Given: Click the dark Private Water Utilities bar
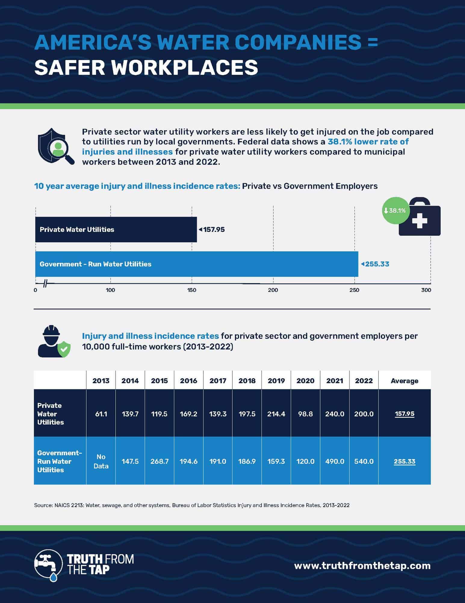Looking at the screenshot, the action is click(x=116, y=229).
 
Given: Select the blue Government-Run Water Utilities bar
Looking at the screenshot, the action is click(x=197, y=264).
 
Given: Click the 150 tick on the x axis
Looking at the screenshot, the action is click(x=192, y=290).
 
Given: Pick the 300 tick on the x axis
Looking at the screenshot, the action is click(x=426, y=290).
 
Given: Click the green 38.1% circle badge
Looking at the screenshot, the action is click(x=396, y=210).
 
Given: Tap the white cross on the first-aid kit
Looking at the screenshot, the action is click(x=420, y=221).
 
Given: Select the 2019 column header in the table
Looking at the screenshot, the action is click(x=276, y=381).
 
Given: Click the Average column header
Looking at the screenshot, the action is click(x=405, y=381).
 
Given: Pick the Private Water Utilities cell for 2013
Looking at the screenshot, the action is click(x=101, y=414).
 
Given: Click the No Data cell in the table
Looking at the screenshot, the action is click(x=101, y=461).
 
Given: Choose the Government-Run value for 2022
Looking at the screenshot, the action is click(x=364, y=461).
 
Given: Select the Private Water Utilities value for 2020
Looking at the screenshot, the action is click(x=305, y=414).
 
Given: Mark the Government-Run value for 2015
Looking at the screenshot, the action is click(x=159, y=461).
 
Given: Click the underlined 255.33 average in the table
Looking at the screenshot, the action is click(x=405, y=461).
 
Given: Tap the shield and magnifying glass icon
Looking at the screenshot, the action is click(x=56, y=147).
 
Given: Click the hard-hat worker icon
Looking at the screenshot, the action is click(x=54, y=341).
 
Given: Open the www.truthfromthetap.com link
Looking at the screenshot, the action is click(x=362, y=566).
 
